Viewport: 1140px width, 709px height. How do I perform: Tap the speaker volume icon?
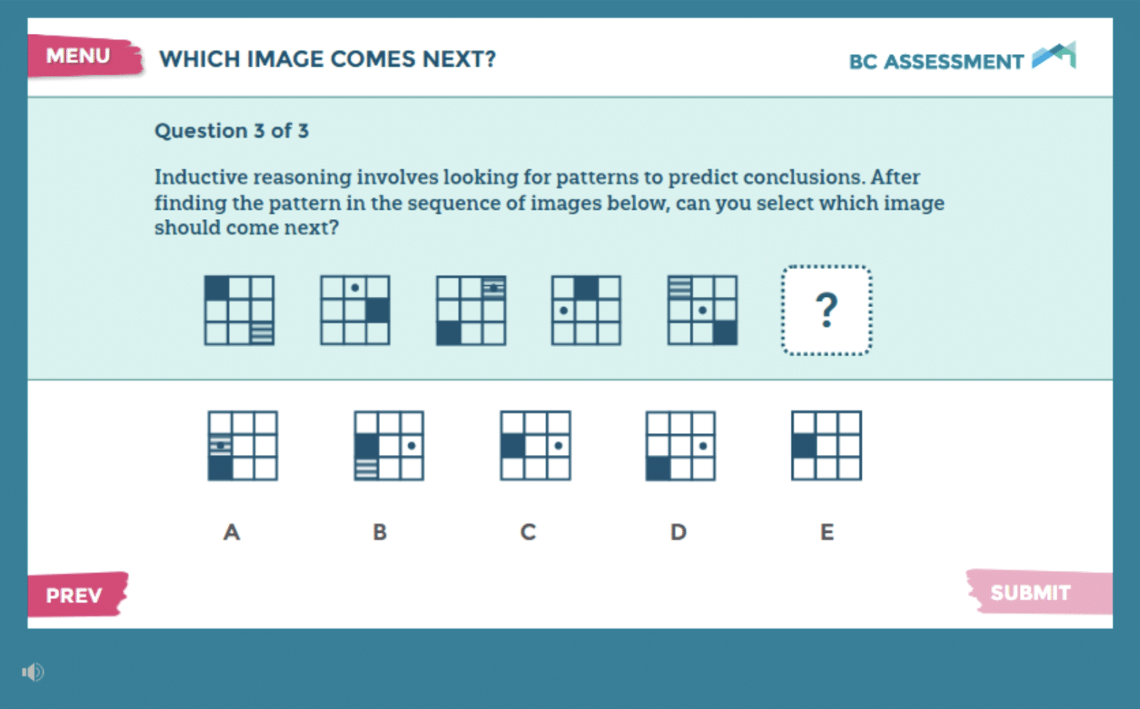[33, 673]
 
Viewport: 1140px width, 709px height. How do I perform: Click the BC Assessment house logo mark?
[1054, 55]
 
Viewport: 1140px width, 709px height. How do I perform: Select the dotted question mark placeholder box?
[826, 310]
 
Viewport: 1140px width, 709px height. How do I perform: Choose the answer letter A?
[232, 532]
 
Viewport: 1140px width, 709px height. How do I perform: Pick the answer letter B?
[380, 532]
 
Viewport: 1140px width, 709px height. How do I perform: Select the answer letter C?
[528, 532]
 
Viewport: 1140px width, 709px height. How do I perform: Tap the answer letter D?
[678, 532]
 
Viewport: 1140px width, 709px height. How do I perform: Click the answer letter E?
[827, 532]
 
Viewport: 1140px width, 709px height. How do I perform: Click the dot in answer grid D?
[703, 446]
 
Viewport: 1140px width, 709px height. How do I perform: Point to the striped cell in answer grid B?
[366, 468]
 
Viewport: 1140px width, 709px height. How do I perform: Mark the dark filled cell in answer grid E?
[804, 446]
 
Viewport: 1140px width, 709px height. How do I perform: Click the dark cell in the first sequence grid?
[217, 288]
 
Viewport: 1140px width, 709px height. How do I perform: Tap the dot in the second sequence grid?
[354, 288]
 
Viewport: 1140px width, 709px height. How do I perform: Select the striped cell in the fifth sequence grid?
[680, 288]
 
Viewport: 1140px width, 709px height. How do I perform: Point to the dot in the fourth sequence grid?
[563, 310]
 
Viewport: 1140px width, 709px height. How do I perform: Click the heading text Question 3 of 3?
[232, 131]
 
